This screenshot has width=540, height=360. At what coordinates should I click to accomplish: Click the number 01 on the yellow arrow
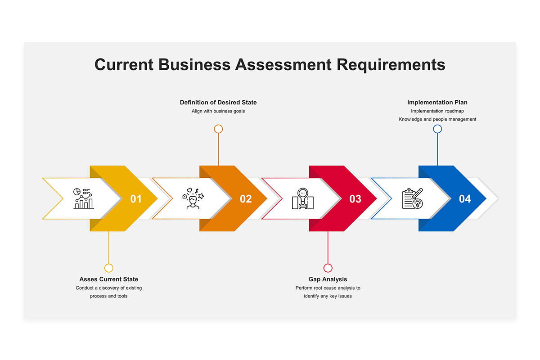pos(136,199)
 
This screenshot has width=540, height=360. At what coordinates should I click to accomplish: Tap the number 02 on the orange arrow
pos(246,199)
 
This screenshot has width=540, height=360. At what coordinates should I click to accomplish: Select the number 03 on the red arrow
pos(355,199)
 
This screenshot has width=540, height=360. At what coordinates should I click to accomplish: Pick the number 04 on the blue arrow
pos(464,199)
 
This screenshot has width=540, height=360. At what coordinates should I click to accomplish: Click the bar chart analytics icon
pos(83,198)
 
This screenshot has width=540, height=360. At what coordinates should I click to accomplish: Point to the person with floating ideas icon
pos(193,198)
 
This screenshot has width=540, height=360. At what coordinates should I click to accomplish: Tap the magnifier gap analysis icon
pos(303,198)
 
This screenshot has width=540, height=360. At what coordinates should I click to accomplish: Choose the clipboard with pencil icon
pos(412,198)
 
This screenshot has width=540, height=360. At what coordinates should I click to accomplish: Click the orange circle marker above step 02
pos(218,129)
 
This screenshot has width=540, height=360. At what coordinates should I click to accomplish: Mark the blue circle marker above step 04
pos(437,129)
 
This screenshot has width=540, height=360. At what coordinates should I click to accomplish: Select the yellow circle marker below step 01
pos(109,268)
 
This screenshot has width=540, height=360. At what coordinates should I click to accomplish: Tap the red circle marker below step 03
pos(328,268)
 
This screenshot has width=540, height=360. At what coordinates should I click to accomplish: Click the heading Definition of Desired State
pos(218,103)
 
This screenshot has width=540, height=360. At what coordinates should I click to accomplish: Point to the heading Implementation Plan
pos(437,103)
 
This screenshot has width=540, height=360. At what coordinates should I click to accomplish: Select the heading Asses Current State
pos(109,279)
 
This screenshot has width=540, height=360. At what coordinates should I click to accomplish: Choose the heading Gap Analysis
pos(328,279)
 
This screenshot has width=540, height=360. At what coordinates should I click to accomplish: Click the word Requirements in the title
pos(391,65)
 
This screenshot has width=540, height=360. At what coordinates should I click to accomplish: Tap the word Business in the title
pos(194,65)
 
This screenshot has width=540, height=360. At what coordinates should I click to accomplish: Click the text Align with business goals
pos(218,111)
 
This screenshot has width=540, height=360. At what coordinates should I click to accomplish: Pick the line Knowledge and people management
pos(437,119)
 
